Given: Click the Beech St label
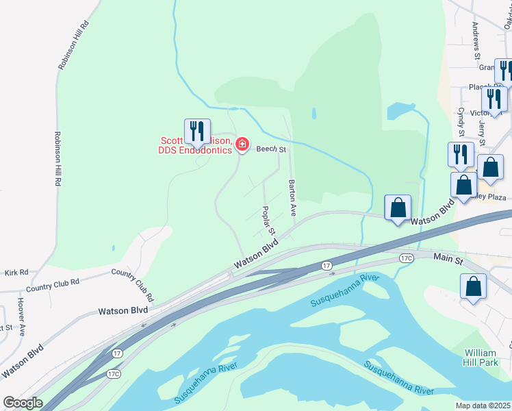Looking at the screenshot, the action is tap(270, 149).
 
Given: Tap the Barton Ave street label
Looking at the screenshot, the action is tap(292, 198).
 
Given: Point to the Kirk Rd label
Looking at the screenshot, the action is tap(14, 272).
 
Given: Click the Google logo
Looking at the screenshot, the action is tap(23, 403).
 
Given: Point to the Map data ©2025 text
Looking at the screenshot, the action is tap(483, 406).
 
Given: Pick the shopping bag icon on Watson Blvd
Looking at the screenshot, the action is tap(398, 207).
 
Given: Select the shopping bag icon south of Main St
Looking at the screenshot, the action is tap(473, 287).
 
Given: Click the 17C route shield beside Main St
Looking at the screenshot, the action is tap(407, 258).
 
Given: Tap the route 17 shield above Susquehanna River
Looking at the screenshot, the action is tap(327, 264).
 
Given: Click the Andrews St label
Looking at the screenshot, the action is tap(476, 40).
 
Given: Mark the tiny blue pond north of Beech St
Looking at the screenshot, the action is tap(313, 112).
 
